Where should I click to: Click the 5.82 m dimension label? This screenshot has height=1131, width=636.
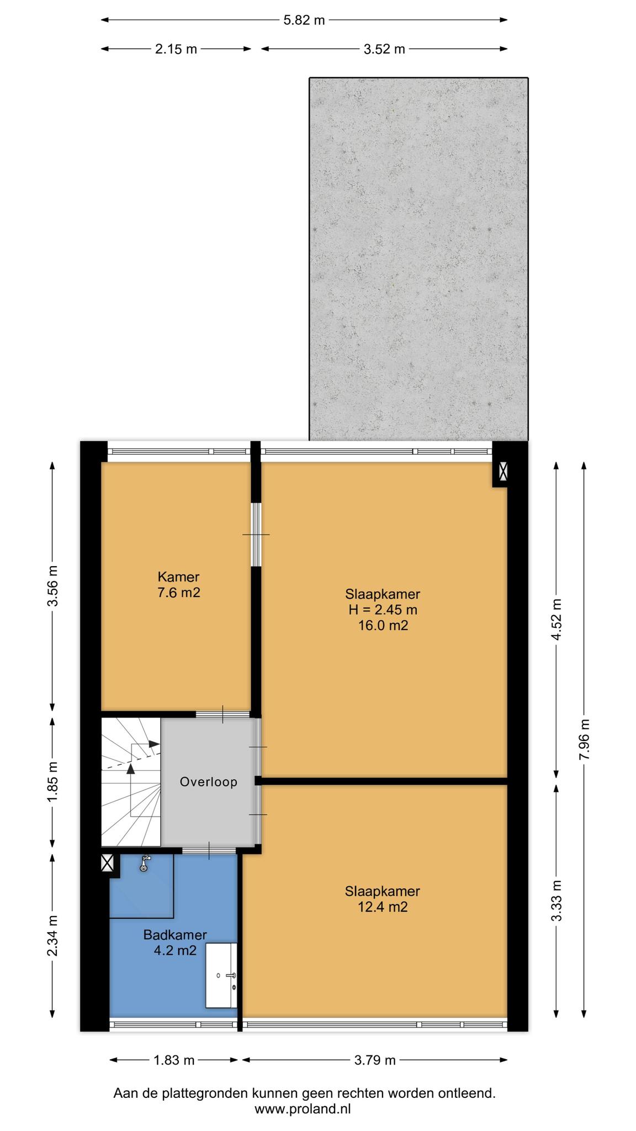click(x=304, y=20)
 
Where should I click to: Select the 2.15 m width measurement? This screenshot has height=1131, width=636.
click(x=176, y=49)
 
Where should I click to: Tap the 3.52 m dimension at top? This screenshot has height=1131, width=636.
click(x=384, y=49)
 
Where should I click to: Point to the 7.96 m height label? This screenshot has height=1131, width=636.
click(x=585, y=739)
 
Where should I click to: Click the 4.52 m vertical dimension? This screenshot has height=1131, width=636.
click(x=556, y=620)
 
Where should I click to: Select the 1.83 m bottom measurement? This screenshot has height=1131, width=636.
click(x=174, y=1060)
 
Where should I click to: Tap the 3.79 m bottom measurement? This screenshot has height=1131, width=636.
click(x=375, y=1060)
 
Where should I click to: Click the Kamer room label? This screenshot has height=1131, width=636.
click(x=178, y=577)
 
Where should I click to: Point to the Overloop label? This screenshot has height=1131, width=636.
click(x=209, y=782)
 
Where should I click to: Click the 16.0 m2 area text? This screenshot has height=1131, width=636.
click(x=383, y=625)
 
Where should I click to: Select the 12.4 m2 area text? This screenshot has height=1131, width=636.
click(x=383, y=907)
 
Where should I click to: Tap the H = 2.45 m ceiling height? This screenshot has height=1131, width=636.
click(x=383, y=610)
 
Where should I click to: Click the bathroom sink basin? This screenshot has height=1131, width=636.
click(x=221, y=975)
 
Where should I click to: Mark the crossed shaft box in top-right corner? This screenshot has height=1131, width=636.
click(x=503, y=471)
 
